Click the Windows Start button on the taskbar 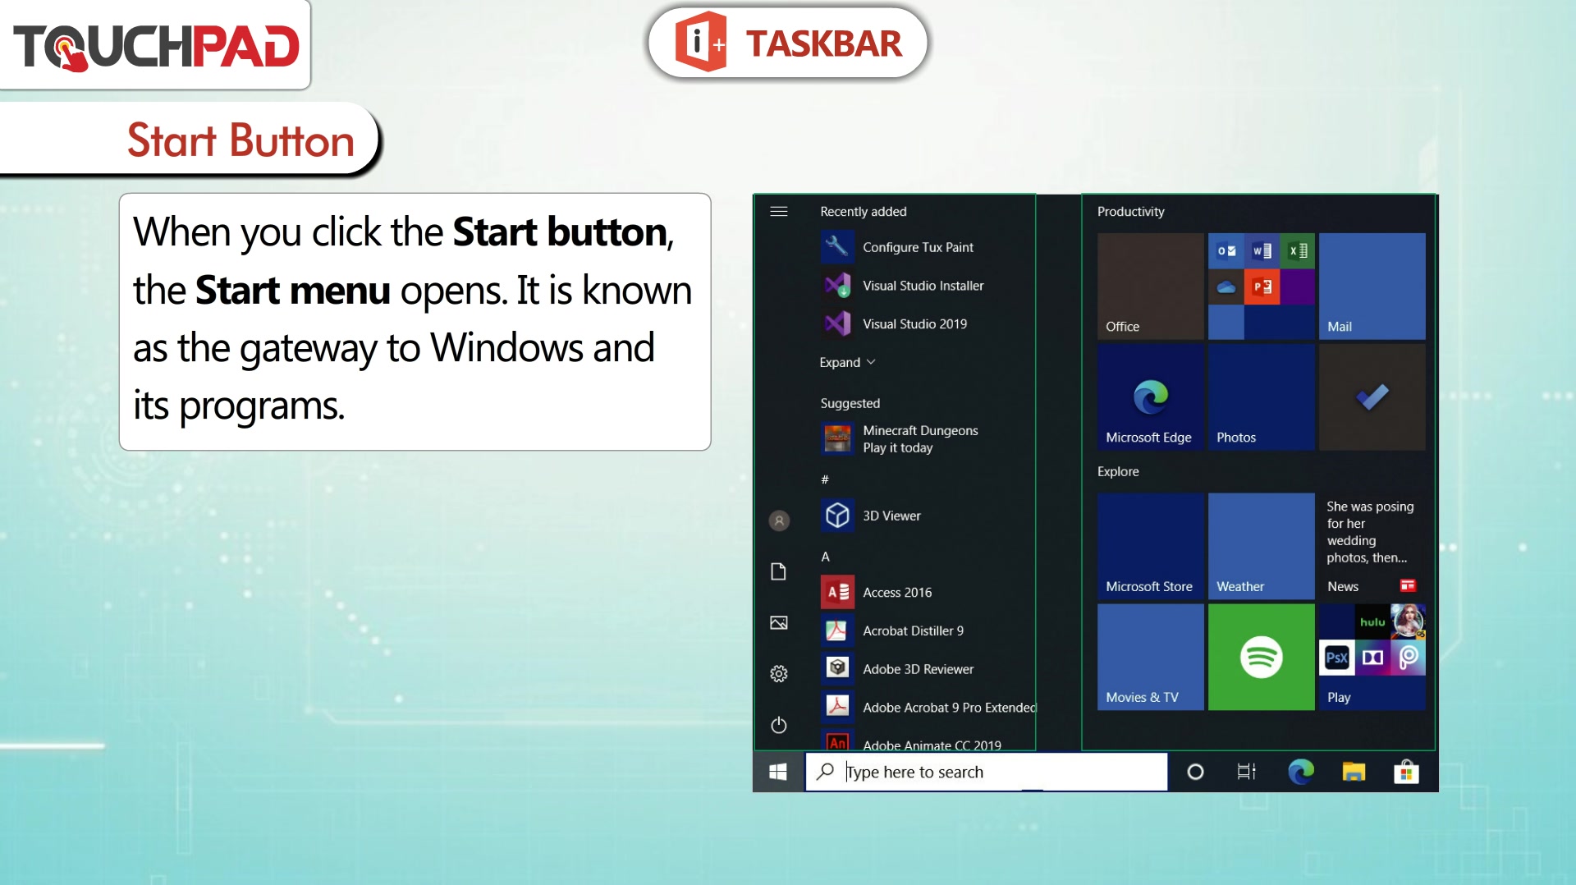[778, 772]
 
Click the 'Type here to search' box [986, 772]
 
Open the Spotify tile [1261, 657]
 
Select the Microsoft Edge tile [1150, 397]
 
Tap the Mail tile [1372, 286]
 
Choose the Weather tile [1261, 546]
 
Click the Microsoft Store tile [1150, 546]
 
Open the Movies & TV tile [1150, 657]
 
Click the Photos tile [1261, 397]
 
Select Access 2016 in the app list [877, 592]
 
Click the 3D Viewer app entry [871, 516]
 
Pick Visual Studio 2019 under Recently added [894, 323]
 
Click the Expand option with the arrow [847, 362]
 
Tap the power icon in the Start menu [779, 725]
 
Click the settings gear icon [779, 674]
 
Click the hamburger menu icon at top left [779, 211]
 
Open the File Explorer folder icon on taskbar [1354, 772]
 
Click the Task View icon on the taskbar [1247, 772]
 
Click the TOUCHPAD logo [156, 46]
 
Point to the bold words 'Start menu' [292, 290]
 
